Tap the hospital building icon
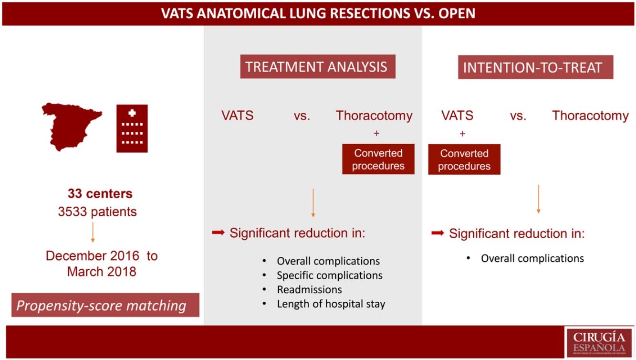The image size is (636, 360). [132, 128]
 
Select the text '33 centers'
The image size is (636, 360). [100, 194]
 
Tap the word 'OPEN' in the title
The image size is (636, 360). [456, 13]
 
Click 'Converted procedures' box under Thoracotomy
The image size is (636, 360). [378, 159]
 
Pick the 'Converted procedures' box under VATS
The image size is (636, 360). [464, 160]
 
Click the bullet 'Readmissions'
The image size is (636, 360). [309, 289]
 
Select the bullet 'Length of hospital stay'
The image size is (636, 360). [331, 304]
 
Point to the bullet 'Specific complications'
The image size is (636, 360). [329, 275]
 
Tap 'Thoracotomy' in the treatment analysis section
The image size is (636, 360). [374, 116]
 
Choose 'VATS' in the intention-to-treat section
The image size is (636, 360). [457, 116]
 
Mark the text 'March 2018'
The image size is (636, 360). [102, 272]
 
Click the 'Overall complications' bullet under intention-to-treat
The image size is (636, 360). [532, 258]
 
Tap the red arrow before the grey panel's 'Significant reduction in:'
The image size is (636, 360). [218, 233]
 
